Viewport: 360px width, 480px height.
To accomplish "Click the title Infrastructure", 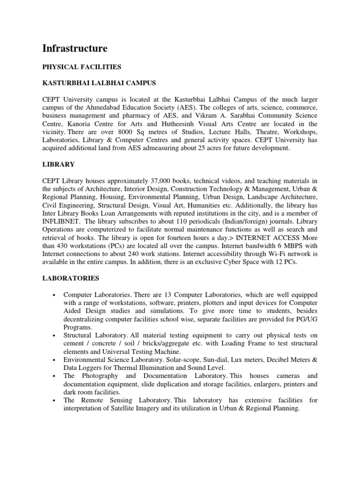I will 75,48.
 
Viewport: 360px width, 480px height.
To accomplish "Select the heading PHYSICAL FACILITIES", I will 82,67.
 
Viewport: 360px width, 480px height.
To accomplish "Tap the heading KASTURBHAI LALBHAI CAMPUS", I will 99,83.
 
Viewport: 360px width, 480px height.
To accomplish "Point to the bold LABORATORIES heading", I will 71,278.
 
